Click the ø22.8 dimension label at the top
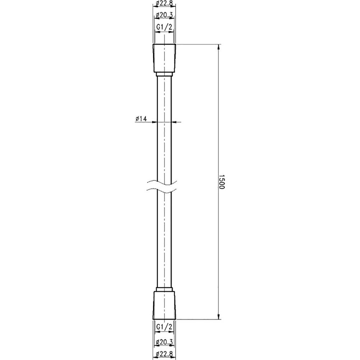click(x=164, y=3)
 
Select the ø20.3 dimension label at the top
click(x=164, y=15)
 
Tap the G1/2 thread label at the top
click(x=164, y=27)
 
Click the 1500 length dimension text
click(x=221, y=181)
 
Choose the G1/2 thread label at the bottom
click(x=164, y=327)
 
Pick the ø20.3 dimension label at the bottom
click(x=164, y=342)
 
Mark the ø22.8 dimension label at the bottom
click(x=164, y=354)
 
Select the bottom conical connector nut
click(x=164, y=305)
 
